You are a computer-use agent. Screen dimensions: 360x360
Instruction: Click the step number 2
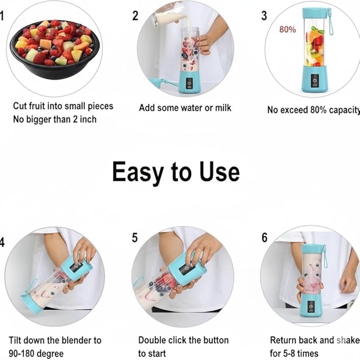[x=135, y=15]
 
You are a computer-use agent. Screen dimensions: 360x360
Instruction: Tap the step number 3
[x=264, y=15]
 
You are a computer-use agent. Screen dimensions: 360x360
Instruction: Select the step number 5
[x=135, y=238]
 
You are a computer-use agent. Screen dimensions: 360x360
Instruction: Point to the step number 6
[x=265, y=238]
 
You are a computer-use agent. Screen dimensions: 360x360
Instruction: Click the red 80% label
[x=287, y=30]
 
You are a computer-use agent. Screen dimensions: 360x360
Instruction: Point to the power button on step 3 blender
[x=314, y=80]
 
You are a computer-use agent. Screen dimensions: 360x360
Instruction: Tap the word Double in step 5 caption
[x=153, y=340]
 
